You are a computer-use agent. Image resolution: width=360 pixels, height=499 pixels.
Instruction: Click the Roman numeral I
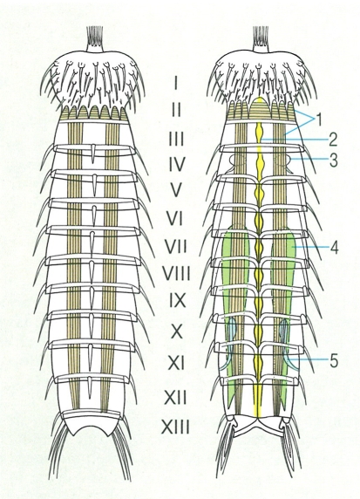(176, 84)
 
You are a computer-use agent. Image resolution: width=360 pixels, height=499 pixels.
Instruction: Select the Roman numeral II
(176, 110)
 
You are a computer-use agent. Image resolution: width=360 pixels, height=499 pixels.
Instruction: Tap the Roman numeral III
(176, 139)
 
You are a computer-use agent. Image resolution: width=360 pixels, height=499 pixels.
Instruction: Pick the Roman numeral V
(176, 190)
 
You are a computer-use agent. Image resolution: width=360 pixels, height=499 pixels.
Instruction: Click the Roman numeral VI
(174, 218)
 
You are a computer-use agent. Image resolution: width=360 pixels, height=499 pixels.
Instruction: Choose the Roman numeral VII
(175, 246)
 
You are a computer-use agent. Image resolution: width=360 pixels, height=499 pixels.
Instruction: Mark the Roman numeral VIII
(176, 273)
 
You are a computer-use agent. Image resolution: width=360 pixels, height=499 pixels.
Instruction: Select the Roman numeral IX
(176, 300)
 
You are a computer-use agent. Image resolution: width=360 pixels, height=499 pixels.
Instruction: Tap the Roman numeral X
(176, 331)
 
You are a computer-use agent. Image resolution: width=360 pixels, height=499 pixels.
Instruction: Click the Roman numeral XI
(176, 363)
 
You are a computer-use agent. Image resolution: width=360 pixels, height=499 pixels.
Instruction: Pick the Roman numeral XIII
(176, 427)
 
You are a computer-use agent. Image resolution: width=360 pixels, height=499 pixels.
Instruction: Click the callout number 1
(318, 120)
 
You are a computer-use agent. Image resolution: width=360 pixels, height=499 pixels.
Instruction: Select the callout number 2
(333, 139)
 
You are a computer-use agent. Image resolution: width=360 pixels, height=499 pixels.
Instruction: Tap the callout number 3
(333, 161)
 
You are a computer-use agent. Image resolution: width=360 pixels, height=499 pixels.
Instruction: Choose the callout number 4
(334, 247)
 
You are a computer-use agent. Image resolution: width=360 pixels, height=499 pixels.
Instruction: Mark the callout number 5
(333, 361)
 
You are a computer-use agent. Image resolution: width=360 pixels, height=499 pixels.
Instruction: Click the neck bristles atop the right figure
(260, 35)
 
